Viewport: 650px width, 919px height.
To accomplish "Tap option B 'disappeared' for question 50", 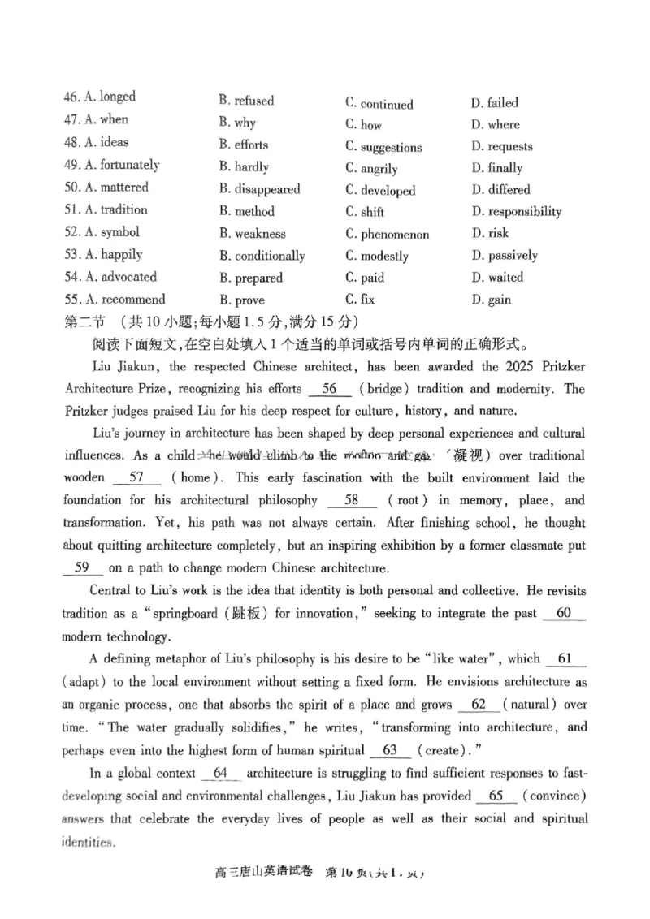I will click(x=259, y=189).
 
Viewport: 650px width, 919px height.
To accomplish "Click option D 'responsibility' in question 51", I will click(x=516, y=212).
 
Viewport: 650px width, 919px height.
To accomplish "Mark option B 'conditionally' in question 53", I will click(x=262, y=256).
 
